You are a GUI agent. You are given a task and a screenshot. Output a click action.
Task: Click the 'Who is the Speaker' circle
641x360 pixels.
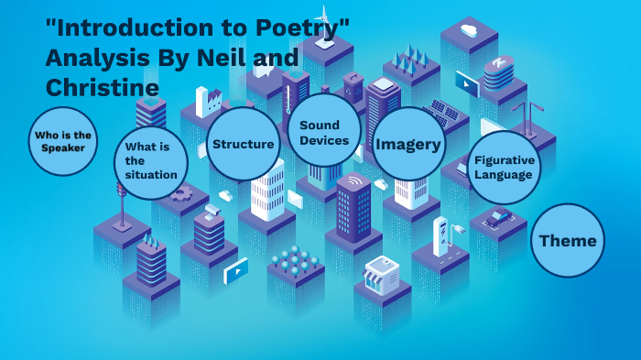click(62, 141)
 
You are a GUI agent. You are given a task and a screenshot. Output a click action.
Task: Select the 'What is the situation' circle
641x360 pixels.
click(152, 161)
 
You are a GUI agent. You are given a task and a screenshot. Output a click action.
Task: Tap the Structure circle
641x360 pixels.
click(243, 144)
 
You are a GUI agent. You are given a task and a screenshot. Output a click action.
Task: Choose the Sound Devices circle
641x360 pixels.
click(323, 133)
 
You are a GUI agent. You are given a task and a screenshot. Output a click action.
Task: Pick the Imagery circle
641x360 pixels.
click(408, 144)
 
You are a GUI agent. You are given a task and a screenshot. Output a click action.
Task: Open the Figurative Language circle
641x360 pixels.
click(503, 167)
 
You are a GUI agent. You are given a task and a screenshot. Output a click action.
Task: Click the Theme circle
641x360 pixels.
click(568, 241)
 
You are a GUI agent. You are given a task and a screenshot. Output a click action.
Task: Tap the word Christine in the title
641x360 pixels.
click(102, 87)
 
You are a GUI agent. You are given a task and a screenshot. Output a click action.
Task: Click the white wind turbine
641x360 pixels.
click(323, 19)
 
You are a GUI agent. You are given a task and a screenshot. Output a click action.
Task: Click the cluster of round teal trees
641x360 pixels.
click(294, 263)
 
